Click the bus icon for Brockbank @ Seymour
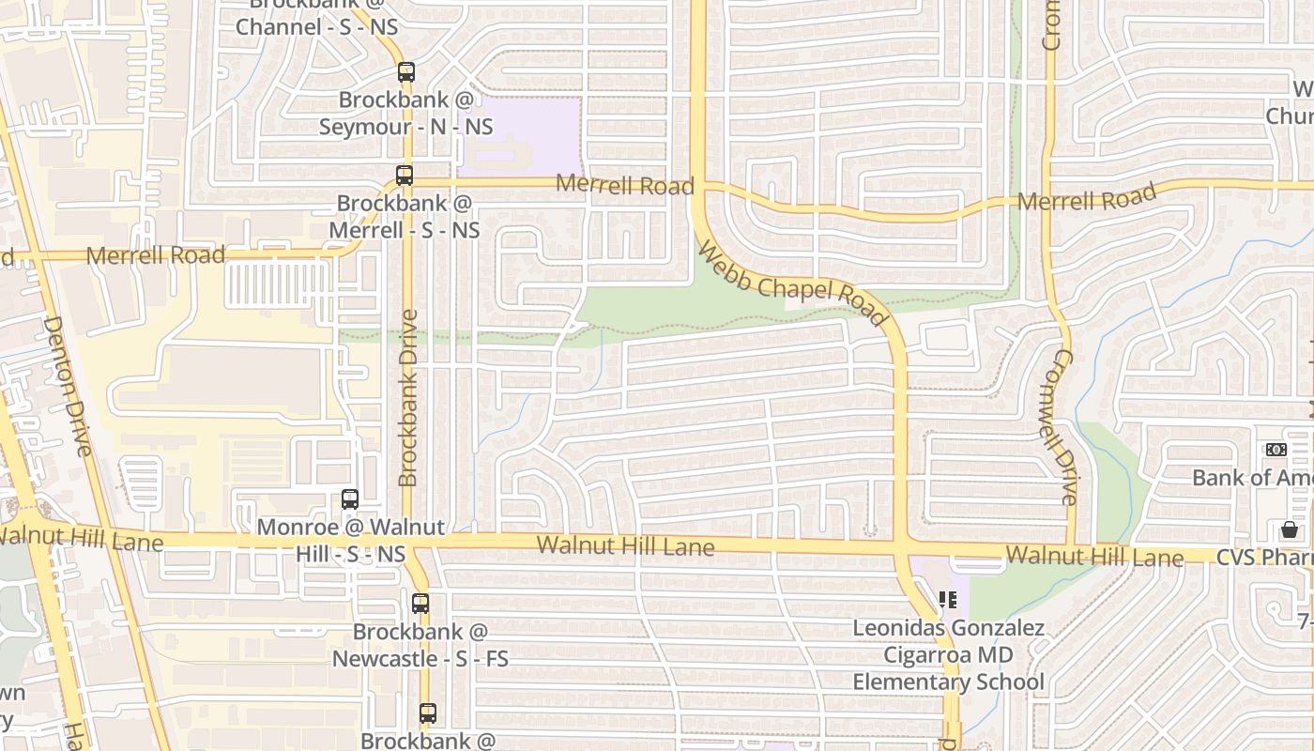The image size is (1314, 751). tap(405, 71)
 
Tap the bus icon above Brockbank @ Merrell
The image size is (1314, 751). tap(405, 175)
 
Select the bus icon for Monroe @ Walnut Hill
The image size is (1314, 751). tap(350, 499)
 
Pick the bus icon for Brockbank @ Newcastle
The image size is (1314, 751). tap(420, 603)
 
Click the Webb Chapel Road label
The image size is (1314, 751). tap(793, 284)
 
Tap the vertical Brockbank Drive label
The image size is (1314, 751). tap(408, 398)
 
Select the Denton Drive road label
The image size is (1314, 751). tap(68, 386)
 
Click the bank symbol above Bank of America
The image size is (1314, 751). tap(1276, 450)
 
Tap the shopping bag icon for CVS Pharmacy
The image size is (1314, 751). tap(1290, 530)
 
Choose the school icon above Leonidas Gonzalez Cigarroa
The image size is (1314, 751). tap(948, 599)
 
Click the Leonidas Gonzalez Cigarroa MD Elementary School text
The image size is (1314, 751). tap(948, 654)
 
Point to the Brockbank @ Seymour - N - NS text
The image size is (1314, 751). tap(405, 113)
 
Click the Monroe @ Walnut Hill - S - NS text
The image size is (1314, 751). tap(350, 541)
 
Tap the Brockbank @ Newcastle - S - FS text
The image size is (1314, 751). tap(420, 645)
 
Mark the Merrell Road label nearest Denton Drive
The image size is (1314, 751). tap(156, 255)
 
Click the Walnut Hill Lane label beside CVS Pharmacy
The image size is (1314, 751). tap(1094, 556)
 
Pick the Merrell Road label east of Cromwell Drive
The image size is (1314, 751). tap(1087, 199)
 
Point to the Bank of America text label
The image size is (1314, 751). tap(1252, 477)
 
